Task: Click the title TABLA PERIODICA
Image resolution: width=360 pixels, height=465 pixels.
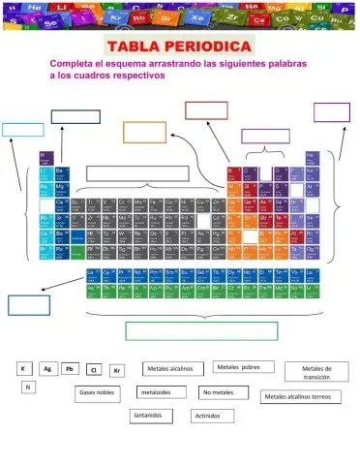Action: [181, 46]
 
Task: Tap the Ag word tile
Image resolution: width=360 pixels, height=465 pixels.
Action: [46, 369]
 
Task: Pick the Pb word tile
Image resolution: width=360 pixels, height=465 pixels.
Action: [70, 369]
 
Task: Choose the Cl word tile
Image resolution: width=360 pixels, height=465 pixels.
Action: [94, 370]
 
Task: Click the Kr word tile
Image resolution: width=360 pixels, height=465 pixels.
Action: [117, 370]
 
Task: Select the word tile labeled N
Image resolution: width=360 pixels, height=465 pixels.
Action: [29, 387]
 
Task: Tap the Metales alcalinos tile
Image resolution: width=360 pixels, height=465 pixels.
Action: [171, 369]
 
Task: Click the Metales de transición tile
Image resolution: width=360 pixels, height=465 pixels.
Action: [316, 373]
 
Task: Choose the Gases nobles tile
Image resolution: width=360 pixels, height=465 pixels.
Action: [98, 393]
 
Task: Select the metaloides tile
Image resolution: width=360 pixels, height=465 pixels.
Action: [156, 392]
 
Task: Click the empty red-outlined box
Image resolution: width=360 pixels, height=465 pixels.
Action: [206, 110]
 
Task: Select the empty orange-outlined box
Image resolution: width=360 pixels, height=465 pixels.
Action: [144, 133]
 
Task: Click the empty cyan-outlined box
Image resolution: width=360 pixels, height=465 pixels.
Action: [22, 129]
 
